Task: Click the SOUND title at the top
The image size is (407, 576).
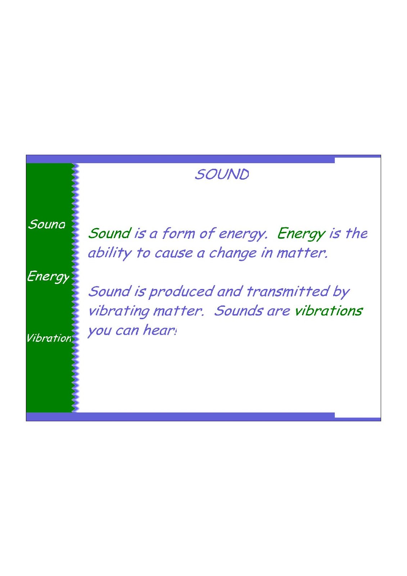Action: coord(222,175)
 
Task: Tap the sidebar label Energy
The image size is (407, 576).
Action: coord(48,276)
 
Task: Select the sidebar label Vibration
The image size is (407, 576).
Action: coord(49,338)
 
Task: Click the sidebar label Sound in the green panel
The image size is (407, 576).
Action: coord(47,224)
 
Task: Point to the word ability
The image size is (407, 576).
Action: coord(109,253)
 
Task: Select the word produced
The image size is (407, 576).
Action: coord(181,292)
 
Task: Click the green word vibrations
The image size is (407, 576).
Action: coord(328,311)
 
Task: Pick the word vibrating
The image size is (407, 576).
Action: coord(119,311)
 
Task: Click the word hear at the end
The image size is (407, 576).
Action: coord(159,330)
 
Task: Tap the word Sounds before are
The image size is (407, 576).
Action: coord(238,311)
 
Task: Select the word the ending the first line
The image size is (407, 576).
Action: coord(356,233)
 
